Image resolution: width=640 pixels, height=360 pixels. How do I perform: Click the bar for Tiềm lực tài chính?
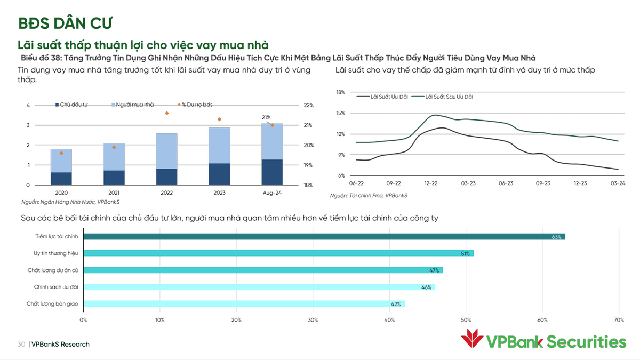pyautogui.click(x=320, y=236)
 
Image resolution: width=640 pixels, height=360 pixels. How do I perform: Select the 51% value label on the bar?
pyautogui.click(x=466, y=254)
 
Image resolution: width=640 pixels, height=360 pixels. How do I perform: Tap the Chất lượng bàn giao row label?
pyautogui.click(x=52, y=303)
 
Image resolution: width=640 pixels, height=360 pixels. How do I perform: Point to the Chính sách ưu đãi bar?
pyautogui.click(x=256, y=287)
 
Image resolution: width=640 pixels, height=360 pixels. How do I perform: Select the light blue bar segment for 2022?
pyautogui.click(x=166, y=151)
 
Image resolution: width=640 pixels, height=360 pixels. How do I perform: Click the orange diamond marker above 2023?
pyautogui.click(x=219, y=119)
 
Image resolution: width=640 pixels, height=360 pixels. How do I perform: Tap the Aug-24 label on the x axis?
pyautogui.click(x=271, y=193)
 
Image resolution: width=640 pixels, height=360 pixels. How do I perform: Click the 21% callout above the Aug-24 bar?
pyautogui.click(x=266, y=117)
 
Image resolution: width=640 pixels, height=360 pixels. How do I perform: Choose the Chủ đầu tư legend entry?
pyautogui.click(x=74, y=105)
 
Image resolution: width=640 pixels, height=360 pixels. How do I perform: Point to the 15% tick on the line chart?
pyautogui.click(x=340, y=113)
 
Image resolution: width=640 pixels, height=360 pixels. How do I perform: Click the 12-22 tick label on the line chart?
pyautogui.click(x=431, y=183)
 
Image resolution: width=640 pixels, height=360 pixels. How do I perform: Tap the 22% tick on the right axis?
pyautogui.click(x=308, y=105)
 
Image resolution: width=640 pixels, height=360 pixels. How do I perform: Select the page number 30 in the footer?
pyautogui.click(x=21, y=344)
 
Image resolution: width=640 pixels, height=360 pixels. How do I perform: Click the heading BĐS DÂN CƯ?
pyautogui.click(x=65, y=23)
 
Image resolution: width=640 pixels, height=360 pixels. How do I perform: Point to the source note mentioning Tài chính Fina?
pyautogui.click(x=369, y=196)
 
